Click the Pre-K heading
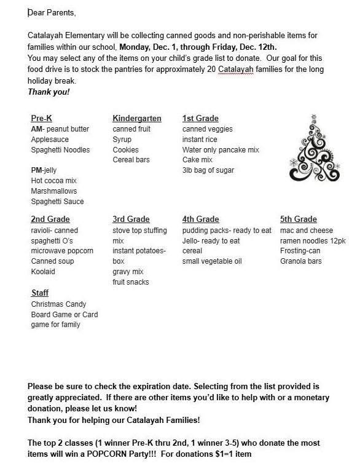pyautogui.click(x=41, y=118)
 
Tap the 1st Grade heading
pyautogui.click(x=200, y=118)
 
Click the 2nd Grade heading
pyautogui.click(x=50, y=219)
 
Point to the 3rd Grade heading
pyautogui.click(x=131, y=219)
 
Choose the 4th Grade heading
pyautogui.click(x=200, y=219)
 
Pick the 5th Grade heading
pyautogui.click(x=298, y=219)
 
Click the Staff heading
pyautogui.click(x=40, y=294)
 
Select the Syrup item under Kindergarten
pyautogui.click(x=123, y=140)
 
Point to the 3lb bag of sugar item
pyautogui.click(x=208, y=170)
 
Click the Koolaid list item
pyautogui.click(x=44, y=272)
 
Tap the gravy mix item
pyautogui.click(x=128, y=272)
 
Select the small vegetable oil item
pyautogui.click(x=212, y=261)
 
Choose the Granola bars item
pyautogui.click(x=301, y=261)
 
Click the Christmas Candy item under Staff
pyautogui.click(x=58, y=304)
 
